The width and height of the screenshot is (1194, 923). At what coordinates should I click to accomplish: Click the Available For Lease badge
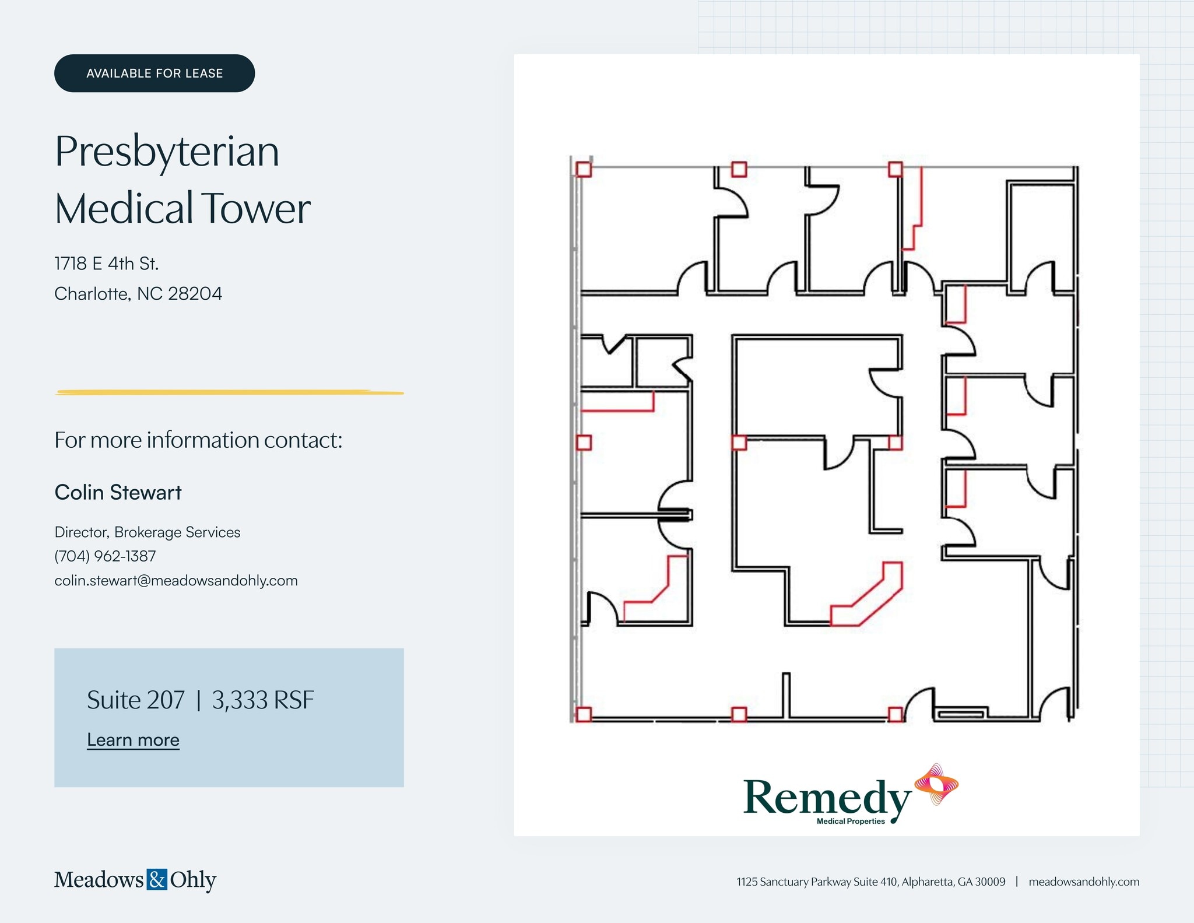(x=154, y=73)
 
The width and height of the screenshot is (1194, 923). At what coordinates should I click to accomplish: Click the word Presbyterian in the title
(x=167, y=151)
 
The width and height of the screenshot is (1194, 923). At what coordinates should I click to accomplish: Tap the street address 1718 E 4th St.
(x=106, y=264)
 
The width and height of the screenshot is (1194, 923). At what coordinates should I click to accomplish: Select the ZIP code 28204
(x=195, y=293)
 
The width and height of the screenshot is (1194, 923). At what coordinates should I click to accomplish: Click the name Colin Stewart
(x=118, y=492)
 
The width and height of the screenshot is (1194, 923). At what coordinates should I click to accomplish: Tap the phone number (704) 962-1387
(x=105, y=556)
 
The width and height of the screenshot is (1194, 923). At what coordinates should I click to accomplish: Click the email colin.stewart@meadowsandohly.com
(x=175, y=580)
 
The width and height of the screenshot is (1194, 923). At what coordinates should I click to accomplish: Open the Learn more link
(x=133, y=739)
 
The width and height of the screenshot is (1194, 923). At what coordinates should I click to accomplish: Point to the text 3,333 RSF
(x=263, y=700)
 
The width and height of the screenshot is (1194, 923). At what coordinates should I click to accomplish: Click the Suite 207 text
(x=135, y=700)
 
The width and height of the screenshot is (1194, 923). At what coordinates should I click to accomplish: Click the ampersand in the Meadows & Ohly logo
(x=157, y=879)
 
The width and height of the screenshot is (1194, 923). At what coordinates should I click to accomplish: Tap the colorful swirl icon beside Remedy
(x=936, y=784)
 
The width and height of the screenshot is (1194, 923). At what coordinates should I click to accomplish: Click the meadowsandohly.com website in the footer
(x=1083, y=882)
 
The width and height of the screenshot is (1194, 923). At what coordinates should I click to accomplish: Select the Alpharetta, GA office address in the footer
(x=870, y=882)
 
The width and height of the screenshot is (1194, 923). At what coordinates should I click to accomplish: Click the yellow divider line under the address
(x=229, y=392)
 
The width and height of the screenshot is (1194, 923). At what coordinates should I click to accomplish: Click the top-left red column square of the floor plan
(x=584, y=169)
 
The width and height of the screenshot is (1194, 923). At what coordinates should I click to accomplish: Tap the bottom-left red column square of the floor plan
(x=584, y=714)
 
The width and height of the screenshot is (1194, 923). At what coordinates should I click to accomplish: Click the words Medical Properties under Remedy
(x=851, y=822)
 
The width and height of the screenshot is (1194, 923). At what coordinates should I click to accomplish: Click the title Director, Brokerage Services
(x=147, y=532)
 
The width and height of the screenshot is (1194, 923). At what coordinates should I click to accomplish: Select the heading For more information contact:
(x=198, y=440)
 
